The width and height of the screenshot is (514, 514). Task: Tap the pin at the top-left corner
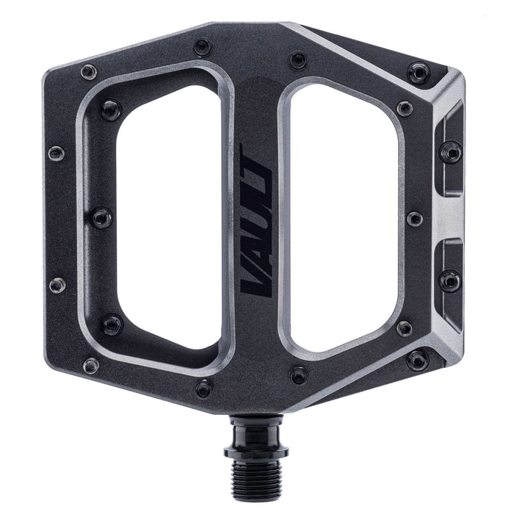(89, 72)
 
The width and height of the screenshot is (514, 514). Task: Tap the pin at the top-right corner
(419, 72)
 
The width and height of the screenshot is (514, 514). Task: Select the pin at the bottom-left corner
(90, 365)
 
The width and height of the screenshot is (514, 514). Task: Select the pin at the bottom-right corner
(417, 359)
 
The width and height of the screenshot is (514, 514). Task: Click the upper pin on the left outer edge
(57, 153)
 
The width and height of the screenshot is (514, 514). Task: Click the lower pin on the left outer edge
(57, 285)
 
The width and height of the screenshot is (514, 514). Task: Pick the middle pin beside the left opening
(101, 217)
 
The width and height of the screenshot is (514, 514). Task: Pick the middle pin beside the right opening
(414, 219)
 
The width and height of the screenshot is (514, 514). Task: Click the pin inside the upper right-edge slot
(449, 153)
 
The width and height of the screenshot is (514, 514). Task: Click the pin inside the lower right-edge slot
(449, 280)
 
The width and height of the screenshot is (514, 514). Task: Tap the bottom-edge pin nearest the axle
(298, 374)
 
